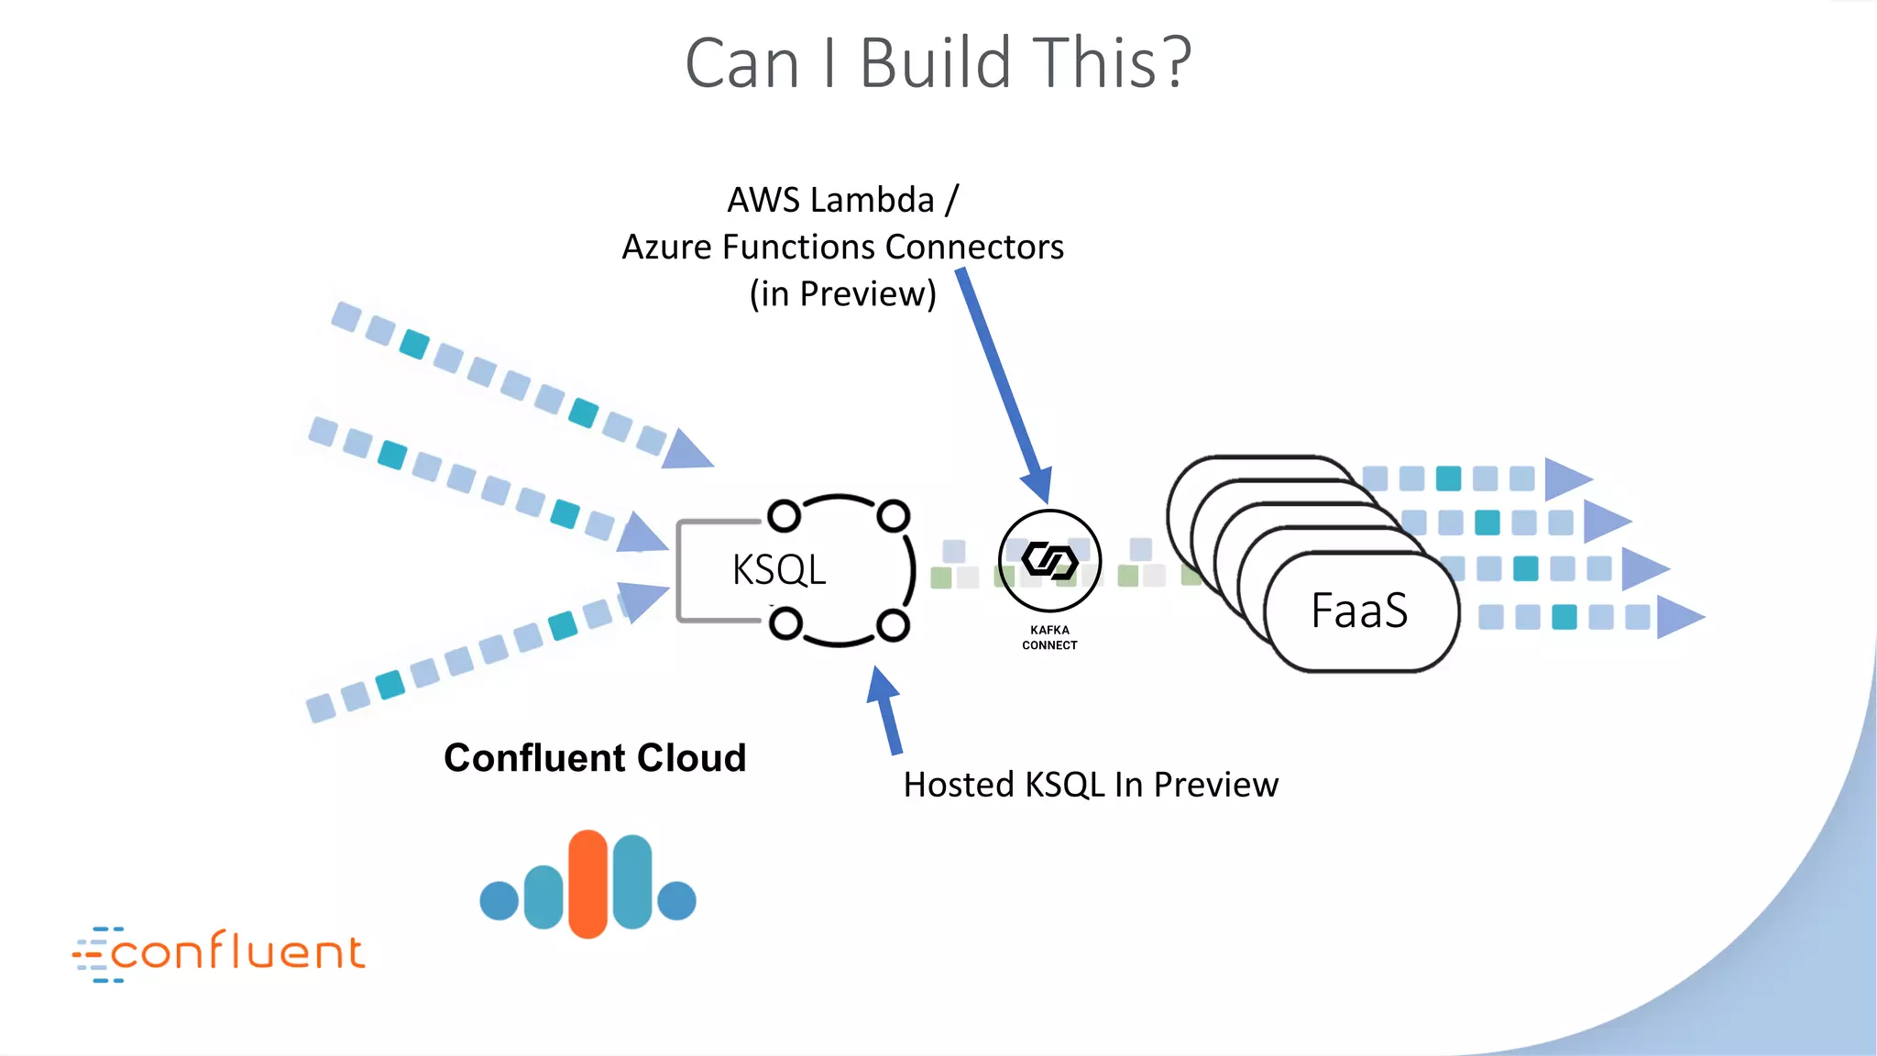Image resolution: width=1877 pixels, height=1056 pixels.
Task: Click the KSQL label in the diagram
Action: (779, 570)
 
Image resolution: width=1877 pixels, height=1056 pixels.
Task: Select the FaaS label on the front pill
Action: (1359, 610)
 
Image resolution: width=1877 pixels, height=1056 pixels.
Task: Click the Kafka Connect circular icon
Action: (1049, 560)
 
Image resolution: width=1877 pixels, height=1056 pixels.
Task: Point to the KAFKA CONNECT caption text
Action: (1049, 637)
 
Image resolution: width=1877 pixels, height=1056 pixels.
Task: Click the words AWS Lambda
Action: (830, 200)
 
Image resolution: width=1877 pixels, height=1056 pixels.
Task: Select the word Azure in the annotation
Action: (666, 247)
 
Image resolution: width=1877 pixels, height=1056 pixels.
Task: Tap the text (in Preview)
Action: (843, 294)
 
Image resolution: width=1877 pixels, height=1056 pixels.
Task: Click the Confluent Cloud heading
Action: (595, 758)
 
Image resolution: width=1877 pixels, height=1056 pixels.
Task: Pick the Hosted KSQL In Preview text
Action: (1090, 785)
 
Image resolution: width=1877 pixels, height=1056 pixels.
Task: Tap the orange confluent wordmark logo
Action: (220, 953)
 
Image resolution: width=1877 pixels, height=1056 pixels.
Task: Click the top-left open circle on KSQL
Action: (784, 516)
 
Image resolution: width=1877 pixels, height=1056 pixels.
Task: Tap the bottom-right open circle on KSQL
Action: (893, 626)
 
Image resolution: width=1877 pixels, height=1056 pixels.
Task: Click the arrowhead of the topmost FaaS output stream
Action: (1565, 478)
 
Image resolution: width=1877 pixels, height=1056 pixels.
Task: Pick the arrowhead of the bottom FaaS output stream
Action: (1677, 617)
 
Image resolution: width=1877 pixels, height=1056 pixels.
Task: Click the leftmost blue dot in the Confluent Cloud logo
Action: (499, 900)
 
